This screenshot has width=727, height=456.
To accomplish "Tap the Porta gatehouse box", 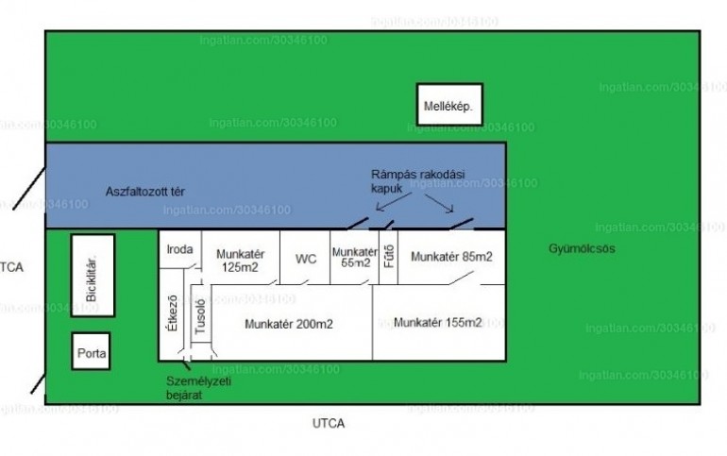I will [x=92, y=351].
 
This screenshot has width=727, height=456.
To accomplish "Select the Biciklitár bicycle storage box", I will [x=93, y=276].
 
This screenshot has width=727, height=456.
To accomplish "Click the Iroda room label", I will [x=179, y=250].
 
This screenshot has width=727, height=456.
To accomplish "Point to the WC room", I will [x=306, y=258].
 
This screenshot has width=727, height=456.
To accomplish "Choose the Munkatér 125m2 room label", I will [x=240, y=261].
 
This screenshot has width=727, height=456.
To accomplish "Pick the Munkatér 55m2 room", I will [x=355, y=258].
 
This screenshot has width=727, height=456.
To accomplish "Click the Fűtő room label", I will [x=388, y=257].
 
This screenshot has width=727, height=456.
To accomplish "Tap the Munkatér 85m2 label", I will [x=452, y=256].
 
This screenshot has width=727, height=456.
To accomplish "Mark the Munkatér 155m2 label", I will [x=438, y=323].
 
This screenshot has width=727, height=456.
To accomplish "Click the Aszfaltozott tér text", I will [x=144, y=192].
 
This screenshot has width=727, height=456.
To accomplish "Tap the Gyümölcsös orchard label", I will [x=577, y=248].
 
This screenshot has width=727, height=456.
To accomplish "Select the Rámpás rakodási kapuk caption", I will [x=417, y=182].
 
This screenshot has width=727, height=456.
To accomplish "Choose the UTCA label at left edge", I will [x=11, y=268].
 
